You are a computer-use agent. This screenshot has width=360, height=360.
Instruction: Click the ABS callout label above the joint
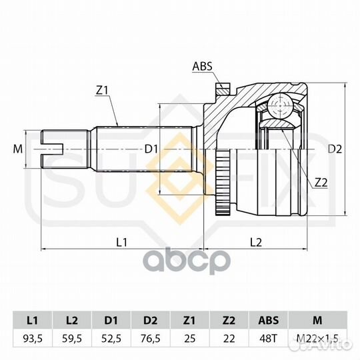tap(202, 67)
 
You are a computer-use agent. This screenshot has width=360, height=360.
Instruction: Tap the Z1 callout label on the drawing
tap(102, 91)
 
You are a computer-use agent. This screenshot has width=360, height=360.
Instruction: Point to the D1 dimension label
tap(151, 149)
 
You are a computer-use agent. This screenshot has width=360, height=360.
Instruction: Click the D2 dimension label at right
tap(335, 149)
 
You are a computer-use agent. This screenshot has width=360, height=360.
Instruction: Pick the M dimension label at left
tap(18, 149)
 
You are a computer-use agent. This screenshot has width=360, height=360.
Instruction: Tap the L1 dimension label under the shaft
tap(122, 242)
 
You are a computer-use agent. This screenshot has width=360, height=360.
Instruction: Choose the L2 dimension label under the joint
tap(256, 242)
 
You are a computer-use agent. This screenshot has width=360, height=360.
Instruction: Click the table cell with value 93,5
tap(33, 339)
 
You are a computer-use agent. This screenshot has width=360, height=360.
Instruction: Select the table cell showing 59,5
tap(72, 339)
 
